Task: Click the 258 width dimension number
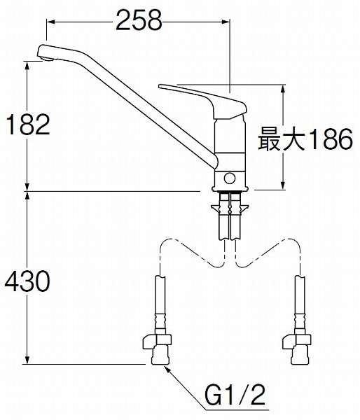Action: coord(139,20)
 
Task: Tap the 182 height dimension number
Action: coord(28,125)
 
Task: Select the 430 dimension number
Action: coord(27,281)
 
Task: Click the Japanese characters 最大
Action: coord(282,139)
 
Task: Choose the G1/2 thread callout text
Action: coord(235,395)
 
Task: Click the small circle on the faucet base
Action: coord(230,178)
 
